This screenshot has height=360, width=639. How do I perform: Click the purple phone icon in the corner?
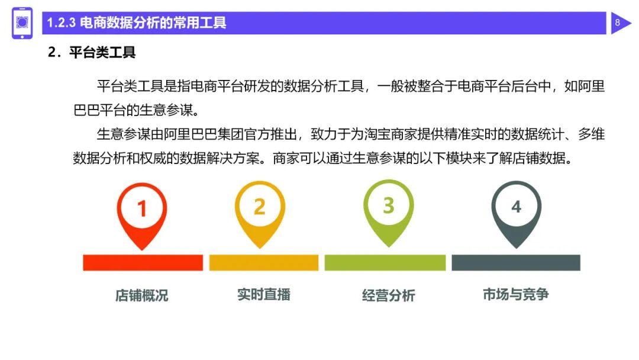pyautogui.click(x=22, y=24)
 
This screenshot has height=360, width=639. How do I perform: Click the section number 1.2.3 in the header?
pyautogui.click(x=61, y=24)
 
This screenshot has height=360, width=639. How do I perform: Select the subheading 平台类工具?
pyautogui.click(x=102, y=52)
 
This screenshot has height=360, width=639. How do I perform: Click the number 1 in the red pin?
pyautogui.click(x=141, y=208)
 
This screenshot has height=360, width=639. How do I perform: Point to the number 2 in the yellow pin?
pyautogui.click(x=259, y=207)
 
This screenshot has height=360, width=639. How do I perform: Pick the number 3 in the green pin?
pyautogui.click(x=388, y=205)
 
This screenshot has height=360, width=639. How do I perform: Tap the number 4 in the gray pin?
pyautogui.click(x=516, y=207)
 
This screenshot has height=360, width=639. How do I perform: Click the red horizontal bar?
pyautogui.click(x=143, y=262)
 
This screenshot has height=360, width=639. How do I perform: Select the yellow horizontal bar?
pyautogui.click(x=263, y=262)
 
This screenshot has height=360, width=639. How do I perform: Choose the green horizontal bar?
pyautogui.click(x=385, y=262)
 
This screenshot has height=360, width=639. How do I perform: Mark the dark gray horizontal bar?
pyautogui.click(x=515, y=262)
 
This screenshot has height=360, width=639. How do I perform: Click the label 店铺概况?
pyautogui.click(x=142, y=295)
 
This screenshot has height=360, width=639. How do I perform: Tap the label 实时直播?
pyautogui.click(x=264, y=294)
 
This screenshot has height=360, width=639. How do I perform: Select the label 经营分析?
pyautogui.click(x=388, y=295)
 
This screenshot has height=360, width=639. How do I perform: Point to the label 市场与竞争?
pyautogui.click(x=515, y=294)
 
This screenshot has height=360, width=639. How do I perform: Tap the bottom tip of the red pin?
pyautogui.click(x=142, y=248)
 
